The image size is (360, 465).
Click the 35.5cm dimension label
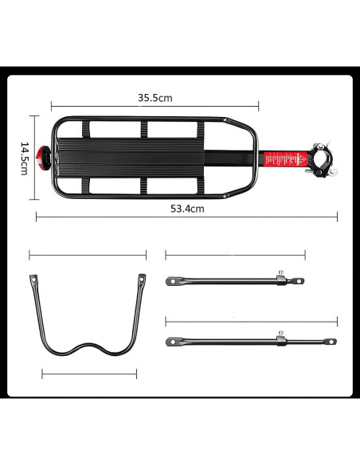click(x=155, y=98)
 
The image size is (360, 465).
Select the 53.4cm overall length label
click(x=188, y=209)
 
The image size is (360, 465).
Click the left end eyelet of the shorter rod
click(x=171, y=281)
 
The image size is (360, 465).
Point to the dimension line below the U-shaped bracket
click(x=89, y=373)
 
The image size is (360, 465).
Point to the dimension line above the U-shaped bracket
click(x=88, y=255)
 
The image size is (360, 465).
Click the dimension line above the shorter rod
click(x=235, y=255)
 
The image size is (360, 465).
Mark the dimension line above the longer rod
click(x=251, y=321)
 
